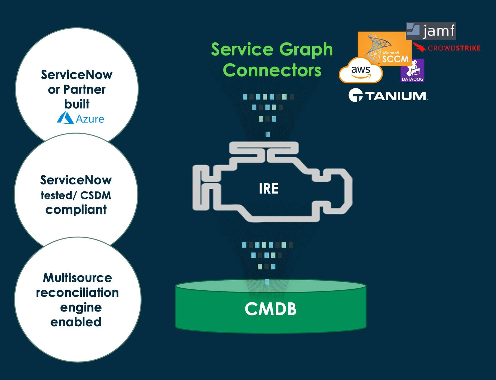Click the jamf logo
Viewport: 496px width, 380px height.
coord(431,31)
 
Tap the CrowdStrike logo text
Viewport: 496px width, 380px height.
coord(454,48)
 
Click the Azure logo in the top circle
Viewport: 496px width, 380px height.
coord(81,118)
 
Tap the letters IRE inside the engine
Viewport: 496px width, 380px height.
coord(268,189)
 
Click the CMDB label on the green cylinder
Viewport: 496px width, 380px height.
coord(270,309)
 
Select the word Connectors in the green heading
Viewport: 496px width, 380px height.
coord(272,70)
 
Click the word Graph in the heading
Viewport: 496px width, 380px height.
coord(306,49)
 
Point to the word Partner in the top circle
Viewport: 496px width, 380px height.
coord(84,89)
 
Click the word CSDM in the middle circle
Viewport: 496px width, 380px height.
coord(96,195)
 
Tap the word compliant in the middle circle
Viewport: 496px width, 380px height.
coord(76,210)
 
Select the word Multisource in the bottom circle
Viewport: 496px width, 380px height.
coord(77,278)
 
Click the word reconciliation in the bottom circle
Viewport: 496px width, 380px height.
coord(77,293)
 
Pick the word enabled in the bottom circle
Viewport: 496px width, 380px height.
coord(76,322)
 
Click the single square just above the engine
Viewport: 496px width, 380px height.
coord(268,134)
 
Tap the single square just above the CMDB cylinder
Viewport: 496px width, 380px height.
coord(267,281)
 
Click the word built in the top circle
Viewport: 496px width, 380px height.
coord(77,104)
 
